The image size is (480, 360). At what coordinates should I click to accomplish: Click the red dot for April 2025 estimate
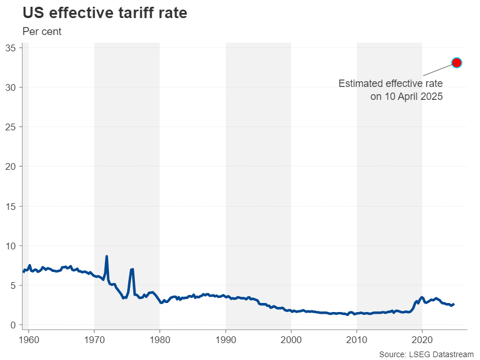(457, 63)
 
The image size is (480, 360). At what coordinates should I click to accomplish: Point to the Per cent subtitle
(42, 32)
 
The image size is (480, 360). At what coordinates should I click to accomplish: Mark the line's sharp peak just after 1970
(107, 257)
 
